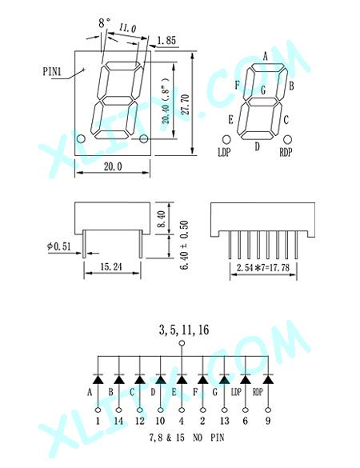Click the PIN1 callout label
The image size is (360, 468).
coord(52,72)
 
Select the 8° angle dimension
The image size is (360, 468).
coord(105,23)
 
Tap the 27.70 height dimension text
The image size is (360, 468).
coord(186,105)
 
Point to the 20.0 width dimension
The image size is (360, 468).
coord(113,166)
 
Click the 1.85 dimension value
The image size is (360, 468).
coord(166,40)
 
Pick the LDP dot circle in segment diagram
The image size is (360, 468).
coord(226,139)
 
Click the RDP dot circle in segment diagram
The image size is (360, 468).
coord(287,139)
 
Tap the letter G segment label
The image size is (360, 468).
coord(263,90)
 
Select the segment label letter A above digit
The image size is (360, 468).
coord(266,56)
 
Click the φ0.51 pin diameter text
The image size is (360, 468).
coord(59,246)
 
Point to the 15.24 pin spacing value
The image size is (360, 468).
coord(111,267)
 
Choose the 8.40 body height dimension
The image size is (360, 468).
coord(161,219)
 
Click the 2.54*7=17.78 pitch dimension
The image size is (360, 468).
coord(263,267)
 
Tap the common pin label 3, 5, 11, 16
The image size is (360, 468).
coord(184,330)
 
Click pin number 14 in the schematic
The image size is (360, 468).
coord(118,421)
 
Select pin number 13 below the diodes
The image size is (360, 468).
coord(225,421)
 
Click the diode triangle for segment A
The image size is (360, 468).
coord(98,379)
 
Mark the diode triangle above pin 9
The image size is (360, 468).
coord(268,379)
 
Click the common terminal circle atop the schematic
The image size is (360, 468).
coord(182,343)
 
